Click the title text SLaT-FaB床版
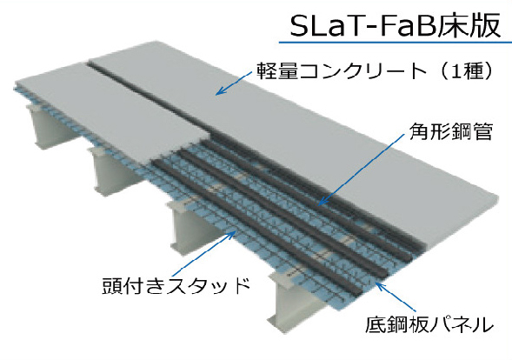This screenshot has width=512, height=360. (x=396, y=25)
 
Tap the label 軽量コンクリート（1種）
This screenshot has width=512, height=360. (x=375, y=70)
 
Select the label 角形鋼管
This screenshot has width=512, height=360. (x=450, y=131)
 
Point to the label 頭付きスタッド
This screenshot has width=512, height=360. (x=176, y=286)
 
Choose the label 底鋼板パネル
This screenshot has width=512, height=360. (x=429, y=323)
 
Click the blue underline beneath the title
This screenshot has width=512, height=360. (x=396, y=42)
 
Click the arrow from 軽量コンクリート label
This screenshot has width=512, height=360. (x=234, y=83)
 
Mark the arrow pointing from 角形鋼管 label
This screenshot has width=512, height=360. (x=362, y=170)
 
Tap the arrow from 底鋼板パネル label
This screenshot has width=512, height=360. (x=396, y=297)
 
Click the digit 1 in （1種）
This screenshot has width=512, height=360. (x=457, y=70)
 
